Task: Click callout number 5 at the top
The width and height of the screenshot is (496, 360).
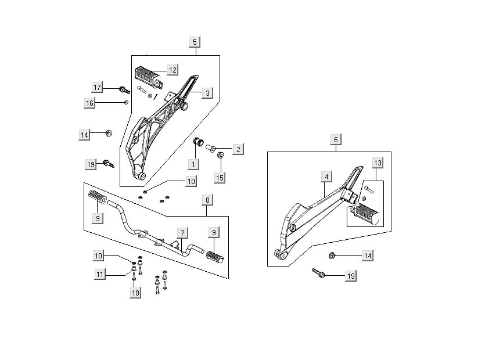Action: pyautogui.click(x=195, y=42)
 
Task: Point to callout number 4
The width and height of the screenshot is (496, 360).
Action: pyautogui.click(x=327, y=177)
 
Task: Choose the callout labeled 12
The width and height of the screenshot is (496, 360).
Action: pyautogui.click(x=172, y=70)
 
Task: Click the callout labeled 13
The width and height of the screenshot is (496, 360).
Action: pyautogui.click(x=377, y=163)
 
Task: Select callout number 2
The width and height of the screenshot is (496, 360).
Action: pyautogui.click(x=208, y=200)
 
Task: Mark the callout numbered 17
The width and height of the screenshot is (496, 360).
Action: pyautogui.click(x=98, y=87)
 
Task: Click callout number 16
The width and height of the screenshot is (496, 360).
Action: pyautogui.click(x=90, y=103)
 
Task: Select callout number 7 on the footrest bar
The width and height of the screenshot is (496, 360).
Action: pyautogui.click(x=182, y=233)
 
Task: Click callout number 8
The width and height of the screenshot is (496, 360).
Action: pyautogui.click(x=208, y=200)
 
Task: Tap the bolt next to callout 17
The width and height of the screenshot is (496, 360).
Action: pyautogui.click(x=124, y=90)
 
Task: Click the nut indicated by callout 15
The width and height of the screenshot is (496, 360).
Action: pyautogui.click(x=220, y=155)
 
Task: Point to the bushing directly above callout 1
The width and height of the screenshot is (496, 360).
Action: pyautogui.click(x=197, y=142)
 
